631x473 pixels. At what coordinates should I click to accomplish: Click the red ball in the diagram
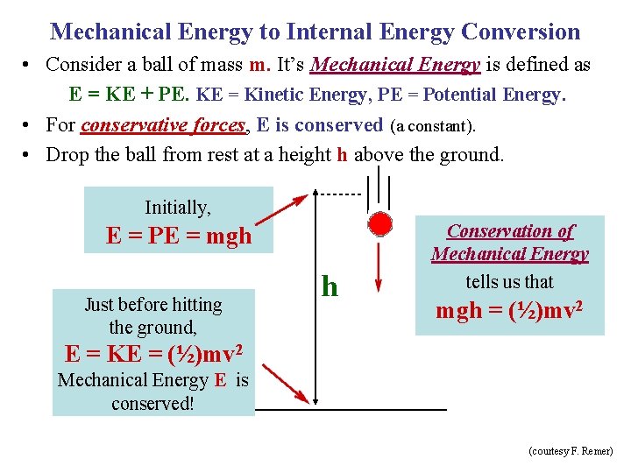coord(379,224)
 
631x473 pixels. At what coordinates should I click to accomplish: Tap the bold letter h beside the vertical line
coord(330,286)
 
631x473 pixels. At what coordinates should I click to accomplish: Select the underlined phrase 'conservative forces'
coord(162,125)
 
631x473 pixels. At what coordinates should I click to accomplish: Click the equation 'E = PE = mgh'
coord(179,236)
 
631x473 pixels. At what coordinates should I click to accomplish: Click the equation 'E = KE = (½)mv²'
coord(153,354)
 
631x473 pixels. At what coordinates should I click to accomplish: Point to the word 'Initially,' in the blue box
coord(178,208)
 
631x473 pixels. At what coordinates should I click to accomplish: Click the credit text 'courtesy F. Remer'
coord(571,451)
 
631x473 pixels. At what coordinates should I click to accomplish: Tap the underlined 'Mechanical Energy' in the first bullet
coord(395,65)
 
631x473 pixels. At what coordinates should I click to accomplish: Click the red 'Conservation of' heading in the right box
coord(510,231)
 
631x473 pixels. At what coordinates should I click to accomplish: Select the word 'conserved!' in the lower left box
coord(152,404)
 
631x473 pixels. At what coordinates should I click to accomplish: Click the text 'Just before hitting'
coord(153,305)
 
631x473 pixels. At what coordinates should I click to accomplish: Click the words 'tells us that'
coord(509,282)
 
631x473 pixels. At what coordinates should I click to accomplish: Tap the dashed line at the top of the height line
coord(337,194)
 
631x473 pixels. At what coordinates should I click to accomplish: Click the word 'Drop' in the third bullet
coord(66,155)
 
